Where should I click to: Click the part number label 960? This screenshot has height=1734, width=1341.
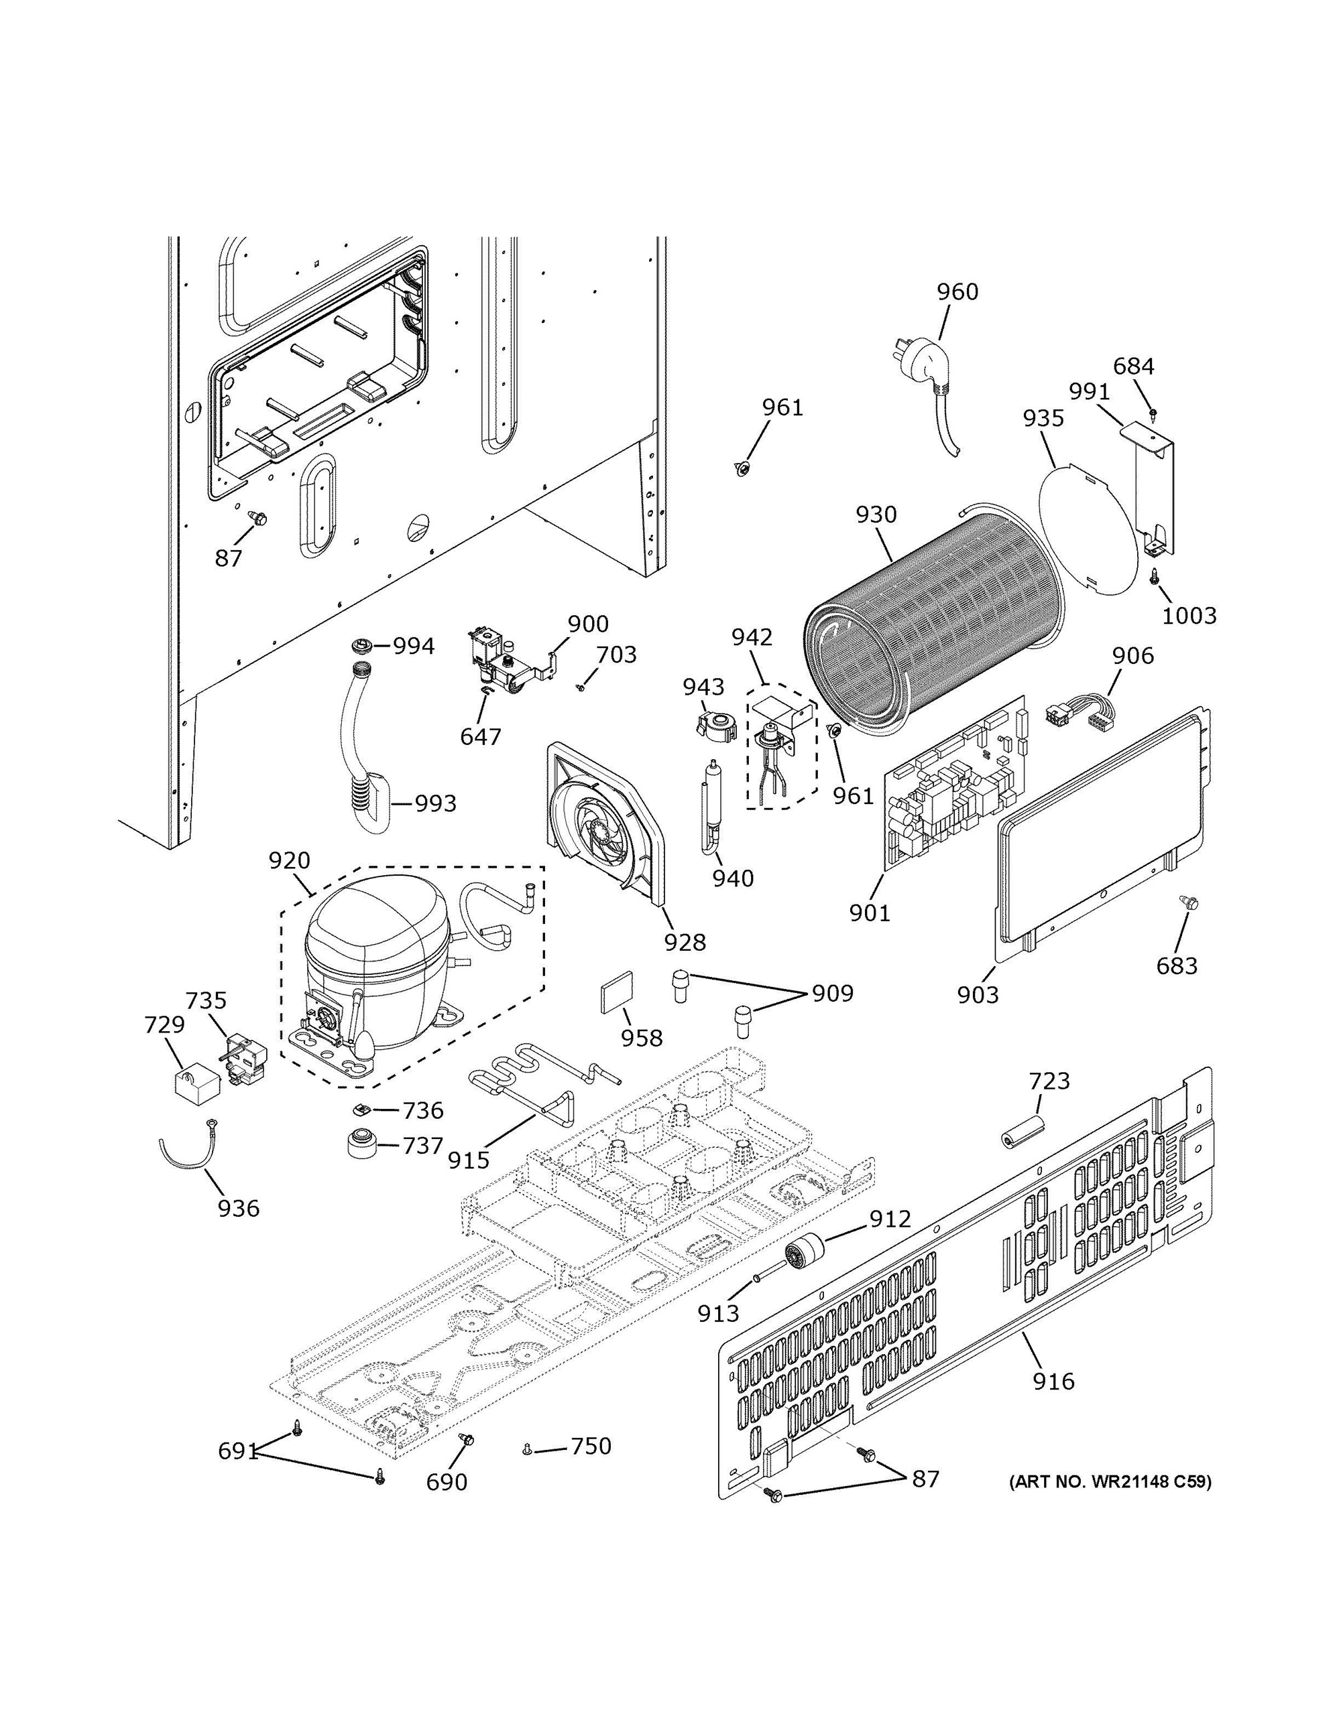point(957,292)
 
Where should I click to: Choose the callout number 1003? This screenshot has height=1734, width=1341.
point(1189,614)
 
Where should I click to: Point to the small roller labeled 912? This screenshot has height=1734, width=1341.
point(803,1255)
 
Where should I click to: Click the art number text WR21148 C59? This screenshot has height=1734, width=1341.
point(1110,1481)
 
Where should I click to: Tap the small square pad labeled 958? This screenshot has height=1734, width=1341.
point(616,992)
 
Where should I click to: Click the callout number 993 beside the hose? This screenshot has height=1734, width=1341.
point(436,803)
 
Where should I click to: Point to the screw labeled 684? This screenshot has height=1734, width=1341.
point(1153,413)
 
